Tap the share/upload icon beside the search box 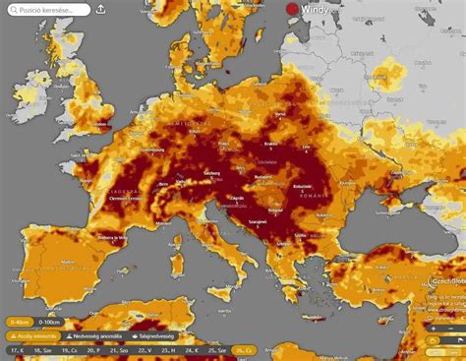pyautogui.click(x=101, y=10)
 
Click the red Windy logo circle pyautogui.click(x=292, y=10)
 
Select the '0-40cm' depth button pyautogui.click(x=19, y=322)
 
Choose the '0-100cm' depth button pyautogui.click(x=48, y=322)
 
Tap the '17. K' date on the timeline pyautogui.click(x=17, y=350)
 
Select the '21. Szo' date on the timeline pyautogui.click(x=119, y=350)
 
